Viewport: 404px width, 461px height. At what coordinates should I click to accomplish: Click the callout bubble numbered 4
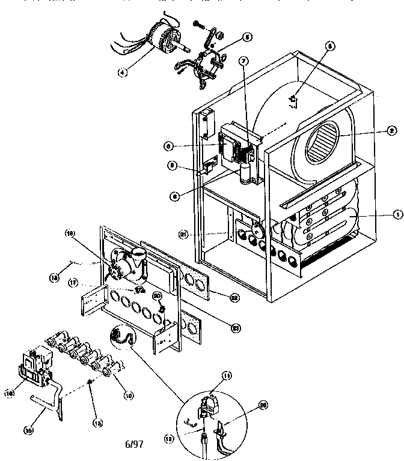click(x=123, y=73)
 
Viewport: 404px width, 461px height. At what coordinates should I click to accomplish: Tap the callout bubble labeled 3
click(x=329, y=46)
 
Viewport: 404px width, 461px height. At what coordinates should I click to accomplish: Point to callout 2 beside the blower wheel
click(x=391, y=128)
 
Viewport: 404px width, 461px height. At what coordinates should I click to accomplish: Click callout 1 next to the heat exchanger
click(x=396, y=213)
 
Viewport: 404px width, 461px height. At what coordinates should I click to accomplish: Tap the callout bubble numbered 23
click(x=235, y=327)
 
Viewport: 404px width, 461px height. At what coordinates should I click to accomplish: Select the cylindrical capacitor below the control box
click(x=245, y=174)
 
